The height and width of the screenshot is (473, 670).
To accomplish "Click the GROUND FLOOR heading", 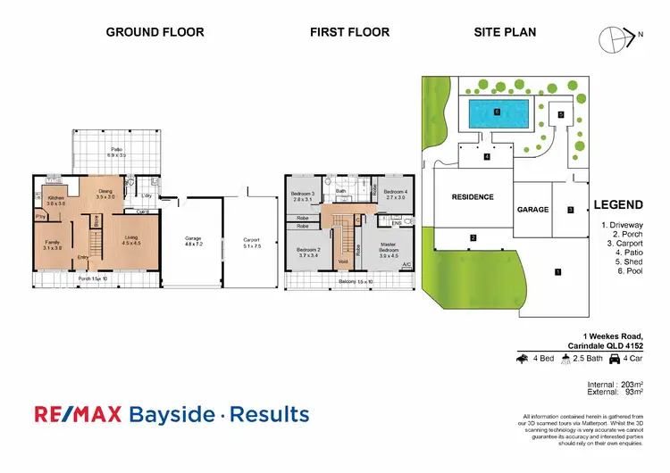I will [x=155, y=32].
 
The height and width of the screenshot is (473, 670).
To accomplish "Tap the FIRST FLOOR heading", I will [x=349, y=32].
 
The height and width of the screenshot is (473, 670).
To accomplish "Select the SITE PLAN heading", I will [x=505, y=32].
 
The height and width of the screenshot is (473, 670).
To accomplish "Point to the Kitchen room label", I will [x=56, y=200].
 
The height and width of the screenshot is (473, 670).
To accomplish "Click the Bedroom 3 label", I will [x=304, y=196].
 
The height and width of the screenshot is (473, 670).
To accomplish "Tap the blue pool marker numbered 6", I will [x=496, y=112].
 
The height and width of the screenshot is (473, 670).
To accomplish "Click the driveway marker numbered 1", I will [x=557, y=271].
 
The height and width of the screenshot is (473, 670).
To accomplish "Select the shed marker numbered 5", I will [x=561, y=114].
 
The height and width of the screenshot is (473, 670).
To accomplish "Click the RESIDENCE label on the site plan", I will [x=473, y=197].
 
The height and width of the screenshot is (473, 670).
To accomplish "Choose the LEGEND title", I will [x=618, y=204].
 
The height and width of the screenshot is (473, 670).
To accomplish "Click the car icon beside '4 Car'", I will [x=612, y=359].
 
